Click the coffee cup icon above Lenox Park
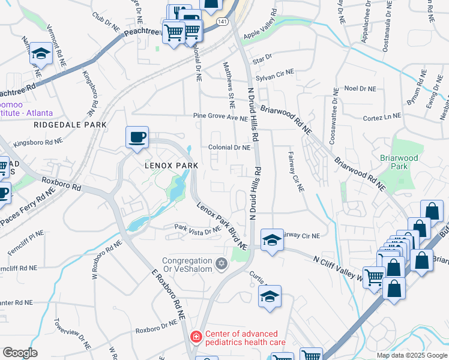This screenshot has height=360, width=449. (x=137, y=137)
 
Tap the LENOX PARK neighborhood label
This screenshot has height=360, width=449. (x=170, y=164)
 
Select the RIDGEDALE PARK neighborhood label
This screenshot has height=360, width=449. (x=70, y=125)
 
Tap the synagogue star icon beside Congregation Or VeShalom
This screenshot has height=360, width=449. (x=221, y=263)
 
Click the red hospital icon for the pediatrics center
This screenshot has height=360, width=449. (x=196, y=338)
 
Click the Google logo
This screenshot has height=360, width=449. (x=20, y=352)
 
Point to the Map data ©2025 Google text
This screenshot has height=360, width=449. (x=411, y=355)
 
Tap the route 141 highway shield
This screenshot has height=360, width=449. (x=221, y=21)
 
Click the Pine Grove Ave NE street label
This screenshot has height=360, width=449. (x=220, y=116)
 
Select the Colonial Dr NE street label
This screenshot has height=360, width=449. (x=229, y=147)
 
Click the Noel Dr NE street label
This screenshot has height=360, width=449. (x=360, y=88)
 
